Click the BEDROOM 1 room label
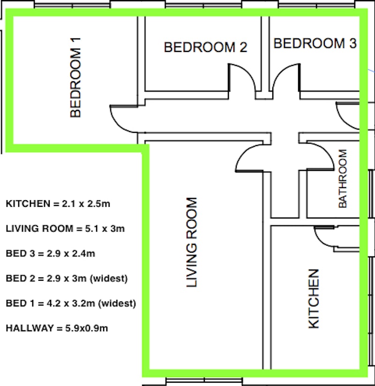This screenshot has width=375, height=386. [75, 77]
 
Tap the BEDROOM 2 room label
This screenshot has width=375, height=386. [205, 47]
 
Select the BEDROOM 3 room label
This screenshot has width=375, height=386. [315, 43]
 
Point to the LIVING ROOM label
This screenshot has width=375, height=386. [191, 242]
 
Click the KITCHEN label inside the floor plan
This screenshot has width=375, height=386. [314, 299]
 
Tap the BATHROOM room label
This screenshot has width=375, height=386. [343, 178]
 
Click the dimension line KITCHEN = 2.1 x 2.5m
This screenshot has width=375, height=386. [58, 204]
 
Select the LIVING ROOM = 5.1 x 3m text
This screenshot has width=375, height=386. [65, 229]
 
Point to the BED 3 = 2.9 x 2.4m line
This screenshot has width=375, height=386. [50, 254]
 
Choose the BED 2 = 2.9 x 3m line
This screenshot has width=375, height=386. [67, 278]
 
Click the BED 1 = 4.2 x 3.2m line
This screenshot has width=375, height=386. [71, 303]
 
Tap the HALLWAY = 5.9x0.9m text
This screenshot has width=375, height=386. [57, 328]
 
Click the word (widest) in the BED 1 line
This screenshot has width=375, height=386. [117, 304]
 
